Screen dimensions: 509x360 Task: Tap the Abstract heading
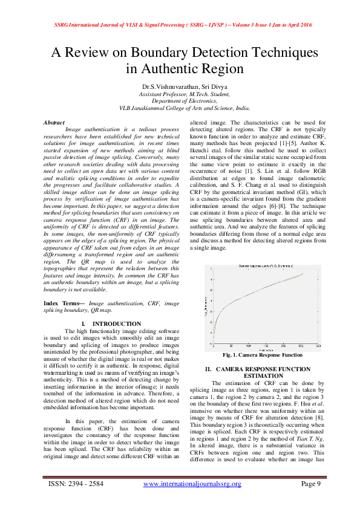54,122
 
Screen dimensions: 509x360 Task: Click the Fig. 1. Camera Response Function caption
262,355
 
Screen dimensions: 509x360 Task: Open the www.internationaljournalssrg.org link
192,484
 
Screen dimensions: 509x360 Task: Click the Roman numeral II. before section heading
208,368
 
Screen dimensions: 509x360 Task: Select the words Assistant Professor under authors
162,94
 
